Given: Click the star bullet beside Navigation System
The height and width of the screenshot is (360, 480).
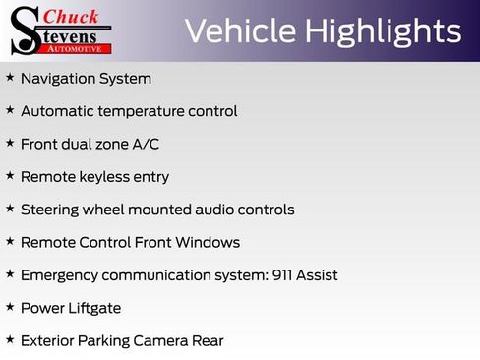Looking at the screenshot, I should pyautogui.click(x=10, y=77).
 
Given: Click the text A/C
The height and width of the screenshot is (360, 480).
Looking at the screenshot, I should pyautogui.click(x=145, y=144).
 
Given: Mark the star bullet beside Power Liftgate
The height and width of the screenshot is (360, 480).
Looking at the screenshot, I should pyautogui.click(x=10, y=308).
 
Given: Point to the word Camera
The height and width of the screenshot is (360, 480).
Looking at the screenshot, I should pyautogui.click(x=162, y=341).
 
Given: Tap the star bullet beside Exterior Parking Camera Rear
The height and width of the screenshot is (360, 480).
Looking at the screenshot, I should pyautogui.click(x=10, y=340).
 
